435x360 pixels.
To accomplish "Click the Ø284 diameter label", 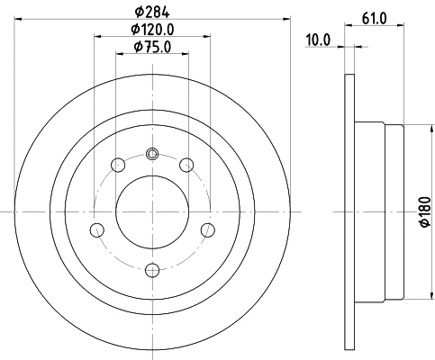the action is coord(152,12).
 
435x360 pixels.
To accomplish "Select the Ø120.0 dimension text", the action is coord(152,29).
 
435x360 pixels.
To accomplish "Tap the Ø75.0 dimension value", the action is coord(152,47).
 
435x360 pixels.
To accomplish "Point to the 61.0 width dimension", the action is coord(374,18).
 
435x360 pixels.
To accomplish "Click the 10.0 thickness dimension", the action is coord(318,40).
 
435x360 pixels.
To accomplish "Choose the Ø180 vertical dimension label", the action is coord(426,211).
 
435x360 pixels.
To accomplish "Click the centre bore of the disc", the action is coord(152,211).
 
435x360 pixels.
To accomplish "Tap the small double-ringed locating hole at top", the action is coord(152,154).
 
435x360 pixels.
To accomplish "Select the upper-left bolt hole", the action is coord(118,165).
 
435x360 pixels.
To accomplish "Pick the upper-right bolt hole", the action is coord(186,165).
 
